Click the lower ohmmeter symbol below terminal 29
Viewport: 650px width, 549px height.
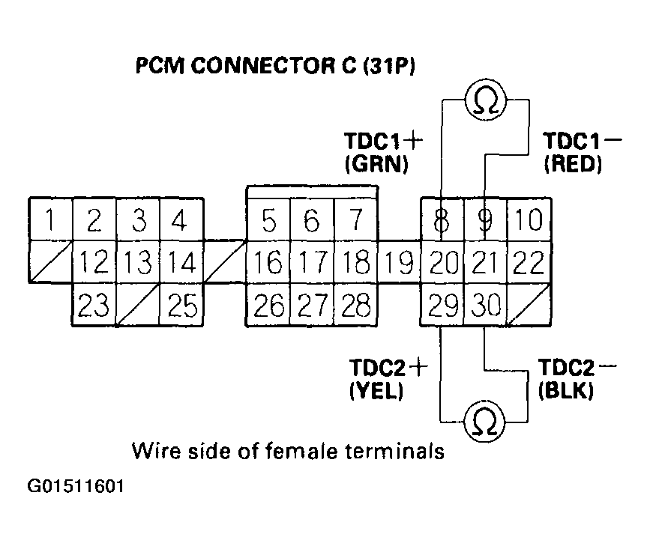coord(484,422)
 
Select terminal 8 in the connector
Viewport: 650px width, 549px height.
coord(442,220)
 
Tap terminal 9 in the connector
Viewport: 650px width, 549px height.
coord(485,220)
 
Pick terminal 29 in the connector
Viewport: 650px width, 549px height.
coord(442,306)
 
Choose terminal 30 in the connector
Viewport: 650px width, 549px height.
coord(485,306)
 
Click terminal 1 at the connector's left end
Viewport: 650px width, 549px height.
coord(50,220)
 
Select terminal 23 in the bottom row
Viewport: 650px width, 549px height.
coord(94,306)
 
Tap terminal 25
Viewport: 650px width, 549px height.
coord(181,306)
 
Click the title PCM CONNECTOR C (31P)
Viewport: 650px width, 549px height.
coord(275,66)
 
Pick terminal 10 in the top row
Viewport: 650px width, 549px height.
coord(529,220)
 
